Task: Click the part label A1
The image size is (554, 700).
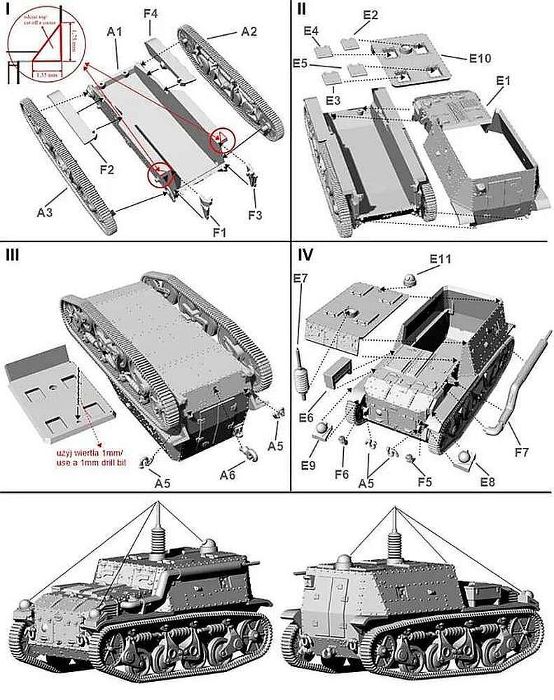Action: [115, 31]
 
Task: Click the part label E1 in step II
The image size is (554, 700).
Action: [501, 80]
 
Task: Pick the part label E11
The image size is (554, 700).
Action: [441, 259]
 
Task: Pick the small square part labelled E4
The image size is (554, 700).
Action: [324, 50]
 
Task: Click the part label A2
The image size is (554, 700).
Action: [249, 31]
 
